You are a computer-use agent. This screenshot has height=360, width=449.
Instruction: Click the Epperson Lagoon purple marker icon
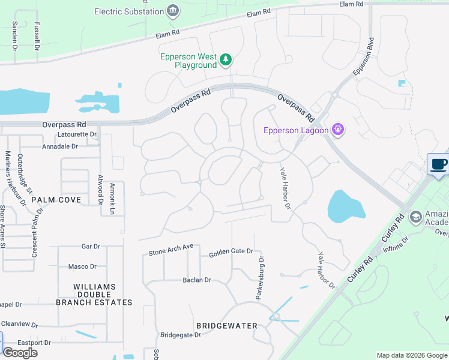click(x=338, y=130)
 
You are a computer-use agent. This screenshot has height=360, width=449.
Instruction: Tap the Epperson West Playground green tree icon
click(x=226, y=59)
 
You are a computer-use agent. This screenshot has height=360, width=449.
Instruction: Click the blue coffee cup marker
click(x=438, y=164)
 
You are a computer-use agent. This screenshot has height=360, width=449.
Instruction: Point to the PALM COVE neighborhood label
click(x=56, y=199)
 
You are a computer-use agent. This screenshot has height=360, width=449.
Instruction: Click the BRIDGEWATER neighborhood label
click(x=227, y=326)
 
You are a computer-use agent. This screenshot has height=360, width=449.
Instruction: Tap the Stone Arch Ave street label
click(x=171, y=250)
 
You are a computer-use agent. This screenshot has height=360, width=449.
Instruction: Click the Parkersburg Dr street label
click(x=261, y=278)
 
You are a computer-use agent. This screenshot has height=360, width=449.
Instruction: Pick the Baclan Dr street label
click(x=197, y=280)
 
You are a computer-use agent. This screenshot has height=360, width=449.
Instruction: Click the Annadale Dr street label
click(x=60, y=146)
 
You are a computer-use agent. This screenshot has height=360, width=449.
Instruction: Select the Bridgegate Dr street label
click(x=181, y=335)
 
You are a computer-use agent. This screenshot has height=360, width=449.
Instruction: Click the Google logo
click(x=20, y=353)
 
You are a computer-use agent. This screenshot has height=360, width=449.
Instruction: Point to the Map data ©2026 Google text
click(x=411, y=355)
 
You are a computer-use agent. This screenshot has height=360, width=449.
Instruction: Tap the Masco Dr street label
click(x=82, y=266)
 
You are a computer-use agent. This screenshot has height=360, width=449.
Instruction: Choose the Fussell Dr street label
click(x=37, y=36)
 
